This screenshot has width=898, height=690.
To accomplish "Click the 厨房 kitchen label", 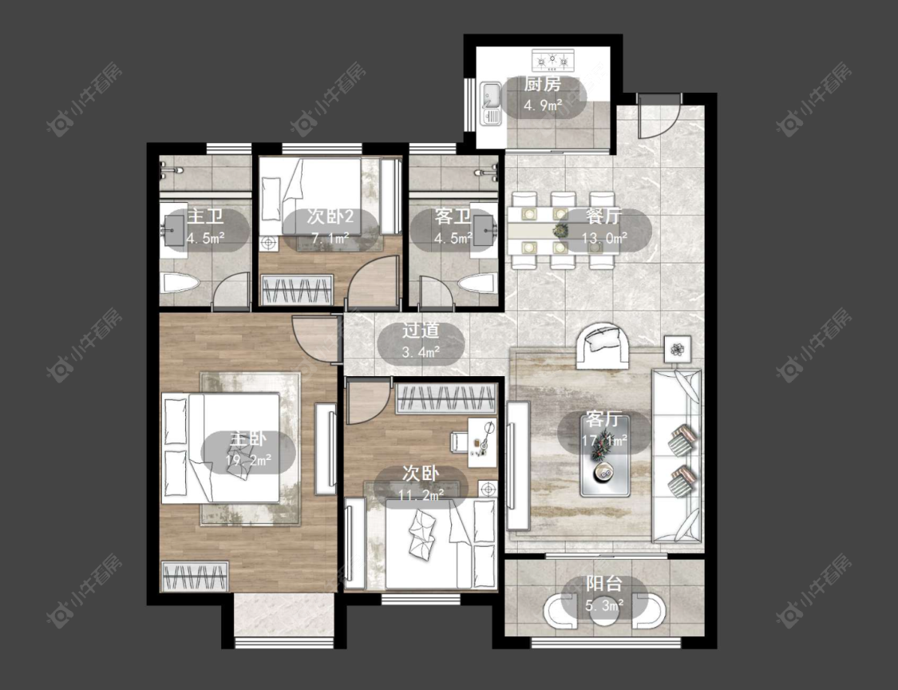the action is [x=542, y=85].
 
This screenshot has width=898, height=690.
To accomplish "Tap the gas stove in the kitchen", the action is [x=552, y=58].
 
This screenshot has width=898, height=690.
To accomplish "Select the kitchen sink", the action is [x=491, y=103].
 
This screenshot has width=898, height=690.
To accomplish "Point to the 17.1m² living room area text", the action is [x=605, y=440].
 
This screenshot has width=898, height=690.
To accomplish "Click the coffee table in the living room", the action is [x=605, y=455].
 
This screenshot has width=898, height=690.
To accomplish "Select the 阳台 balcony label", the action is [x=603, y=585].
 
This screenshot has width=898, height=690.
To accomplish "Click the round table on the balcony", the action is [x=603, y=611].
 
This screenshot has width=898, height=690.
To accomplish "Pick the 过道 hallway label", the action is [x=421, y=331].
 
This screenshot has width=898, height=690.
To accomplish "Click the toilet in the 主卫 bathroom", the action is [x=180, y=283].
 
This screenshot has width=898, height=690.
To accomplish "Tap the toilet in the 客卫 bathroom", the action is [x=477, y=283].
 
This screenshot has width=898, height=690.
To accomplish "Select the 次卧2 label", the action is [x=330, y=216].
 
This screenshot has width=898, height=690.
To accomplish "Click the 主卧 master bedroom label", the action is [x=247, y=439].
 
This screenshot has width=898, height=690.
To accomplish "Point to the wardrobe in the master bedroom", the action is [x=195, y=576].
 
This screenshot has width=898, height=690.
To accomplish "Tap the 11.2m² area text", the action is [x=421, y=494].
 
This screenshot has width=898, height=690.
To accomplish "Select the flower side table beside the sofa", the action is [x=678, y=349].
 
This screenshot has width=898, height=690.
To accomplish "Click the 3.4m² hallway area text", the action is [x=421, y=352].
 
